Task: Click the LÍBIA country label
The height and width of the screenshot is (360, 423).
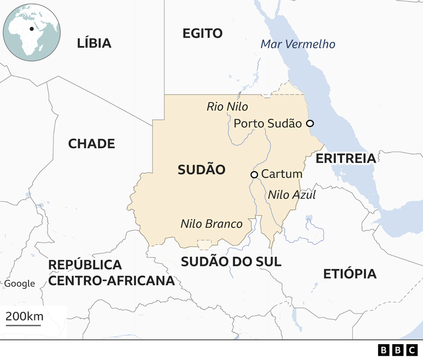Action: click(x=94, y=43)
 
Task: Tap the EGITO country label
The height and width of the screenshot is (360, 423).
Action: click(x=202, y=33)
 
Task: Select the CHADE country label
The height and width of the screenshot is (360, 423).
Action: click(x=91, y=144)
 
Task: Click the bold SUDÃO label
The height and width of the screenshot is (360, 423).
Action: click(x=201, y=170)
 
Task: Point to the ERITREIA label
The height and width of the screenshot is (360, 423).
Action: click(x=346, y=159)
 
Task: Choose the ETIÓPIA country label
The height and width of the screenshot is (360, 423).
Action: click(x=350, y=274)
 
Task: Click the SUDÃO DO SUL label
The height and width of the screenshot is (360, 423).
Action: click(x=231, y=262)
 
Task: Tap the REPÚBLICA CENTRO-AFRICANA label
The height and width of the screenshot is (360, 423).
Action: click(x=111, y=273)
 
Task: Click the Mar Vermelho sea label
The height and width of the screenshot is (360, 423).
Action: click(x=298, y=44)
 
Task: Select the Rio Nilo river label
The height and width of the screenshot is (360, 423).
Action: click(x=227, y=107)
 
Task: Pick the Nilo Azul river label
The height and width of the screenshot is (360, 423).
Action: click(x=292, y=194)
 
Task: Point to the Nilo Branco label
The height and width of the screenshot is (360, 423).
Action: click(x=211, y=224)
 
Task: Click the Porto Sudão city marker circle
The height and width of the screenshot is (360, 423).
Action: click(x=310, y=124)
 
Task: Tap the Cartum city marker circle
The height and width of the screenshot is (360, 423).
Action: click(x=254, y=175)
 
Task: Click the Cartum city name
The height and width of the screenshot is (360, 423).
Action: click(x=281, y=174)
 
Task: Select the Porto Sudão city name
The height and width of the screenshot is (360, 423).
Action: click(x=267, y=124)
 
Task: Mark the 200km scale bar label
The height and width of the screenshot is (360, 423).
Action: click(x=25, y=316)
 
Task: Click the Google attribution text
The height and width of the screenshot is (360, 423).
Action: click(x=20, y=283)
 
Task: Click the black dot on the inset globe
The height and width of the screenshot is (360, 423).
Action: click(x=32, y=28)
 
